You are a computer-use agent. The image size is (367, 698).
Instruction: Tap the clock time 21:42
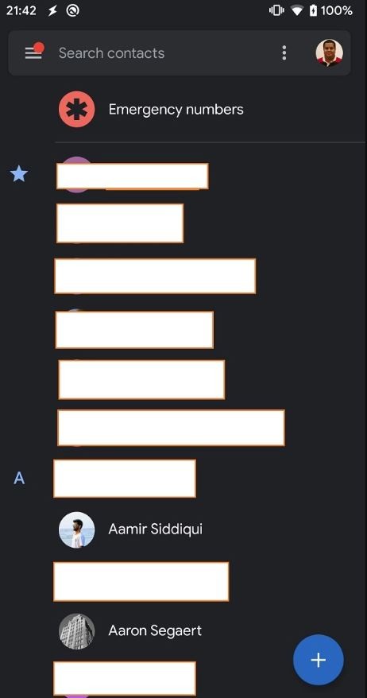(x=21, y=10)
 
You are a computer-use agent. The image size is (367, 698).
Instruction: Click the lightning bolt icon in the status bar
(x=52, y=10)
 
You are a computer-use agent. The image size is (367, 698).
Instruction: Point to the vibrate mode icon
(x=276, y=10)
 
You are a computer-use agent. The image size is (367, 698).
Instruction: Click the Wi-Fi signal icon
(x=297, y=10)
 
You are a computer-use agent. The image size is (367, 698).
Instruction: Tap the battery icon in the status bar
(x=313, y=10)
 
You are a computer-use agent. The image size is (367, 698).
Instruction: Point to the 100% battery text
(x=337, y=10)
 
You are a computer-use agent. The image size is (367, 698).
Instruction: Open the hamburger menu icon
(x=33, y=53)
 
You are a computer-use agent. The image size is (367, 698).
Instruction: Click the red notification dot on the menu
(x=39, y=47)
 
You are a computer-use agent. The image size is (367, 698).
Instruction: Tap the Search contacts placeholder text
(x=112, y=53)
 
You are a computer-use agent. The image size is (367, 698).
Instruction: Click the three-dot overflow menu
(x=284, y=53)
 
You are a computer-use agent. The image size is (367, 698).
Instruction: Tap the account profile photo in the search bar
(x=329, y=53)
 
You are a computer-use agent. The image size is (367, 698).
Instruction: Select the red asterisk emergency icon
(x=76, y=110)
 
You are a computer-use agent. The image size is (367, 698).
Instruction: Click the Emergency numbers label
(x=176, y=110)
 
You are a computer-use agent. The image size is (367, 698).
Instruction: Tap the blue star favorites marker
(x=19, y=173)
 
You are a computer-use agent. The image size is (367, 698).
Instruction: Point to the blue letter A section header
(x=19, y=478)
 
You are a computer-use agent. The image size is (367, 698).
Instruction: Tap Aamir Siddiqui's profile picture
(x=76, y=529)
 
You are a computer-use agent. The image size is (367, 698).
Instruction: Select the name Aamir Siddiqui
(x=155, y=529)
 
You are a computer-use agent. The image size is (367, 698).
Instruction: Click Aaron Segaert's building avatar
(x=76, y=631)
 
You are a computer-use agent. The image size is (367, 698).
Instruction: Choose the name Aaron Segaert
(x=155, y=630)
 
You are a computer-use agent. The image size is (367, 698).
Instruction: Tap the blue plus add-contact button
(x=319, y=660)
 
